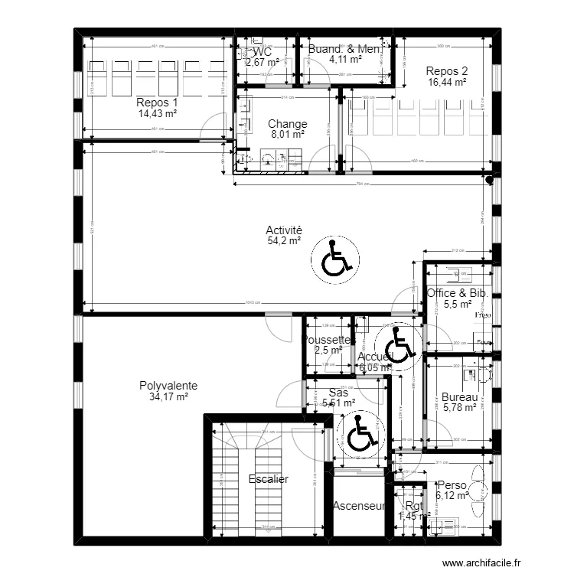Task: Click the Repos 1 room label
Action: (x=156, y=103)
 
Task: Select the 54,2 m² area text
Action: (x=283, y=240)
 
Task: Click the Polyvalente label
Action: (x=169, y=386)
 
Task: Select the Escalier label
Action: (x=269, y=479)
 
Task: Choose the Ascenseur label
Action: (x=358, y=506)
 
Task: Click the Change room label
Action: (x=287, y=123)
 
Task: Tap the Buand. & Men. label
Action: (x=344, y=50)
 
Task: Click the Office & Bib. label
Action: (x=457, y=293)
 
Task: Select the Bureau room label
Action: (x=459, y=397)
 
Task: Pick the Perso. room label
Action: (x=451, y=485)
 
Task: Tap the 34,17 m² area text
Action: (x=169, y=397)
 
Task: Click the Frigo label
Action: (x=482, y=315)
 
